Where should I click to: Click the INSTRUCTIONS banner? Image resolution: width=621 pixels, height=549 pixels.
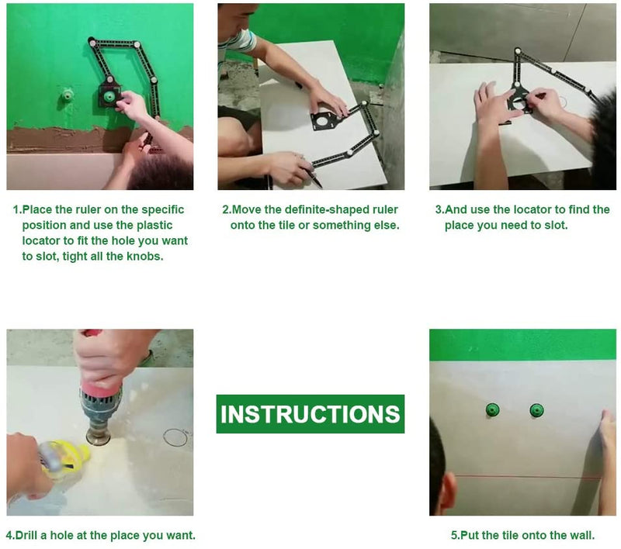310,414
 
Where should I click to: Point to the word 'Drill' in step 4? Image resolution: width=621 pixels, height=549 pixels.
26,535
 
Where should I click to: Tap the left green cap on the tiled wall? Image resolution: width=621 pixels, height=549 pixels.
492,409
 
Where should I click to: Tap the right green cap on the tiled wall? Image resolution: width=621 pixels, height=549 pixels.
536,410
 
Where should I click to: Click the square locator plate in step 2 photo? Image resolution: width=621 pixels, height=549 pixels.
324,120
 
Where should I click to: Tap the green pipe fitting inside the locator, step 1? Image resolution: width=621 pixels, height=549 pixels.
108,96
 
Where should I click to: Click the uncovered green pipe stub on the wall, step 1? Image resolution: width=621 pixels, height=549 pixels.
66,95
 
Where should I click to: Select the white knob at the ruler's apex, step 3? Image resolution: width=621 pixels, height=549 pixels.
517,50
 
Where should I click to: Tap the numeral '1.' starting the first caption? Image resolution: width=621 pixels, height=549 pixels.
17,209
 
